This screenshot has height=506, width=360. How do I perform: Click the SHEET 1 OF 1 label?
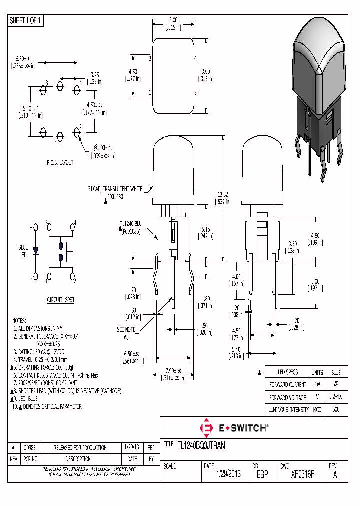[26, 21]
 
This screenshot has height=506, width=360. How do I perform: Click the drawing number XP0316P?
[301, 474]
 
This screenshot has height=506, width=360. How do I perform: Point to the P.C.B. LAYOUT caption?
[56, 163]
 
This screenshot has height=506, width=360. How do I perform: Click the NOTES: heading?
[18, 320]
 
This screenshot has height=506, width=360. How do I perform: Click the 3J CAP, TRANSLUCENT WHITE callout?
[117, 189]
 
